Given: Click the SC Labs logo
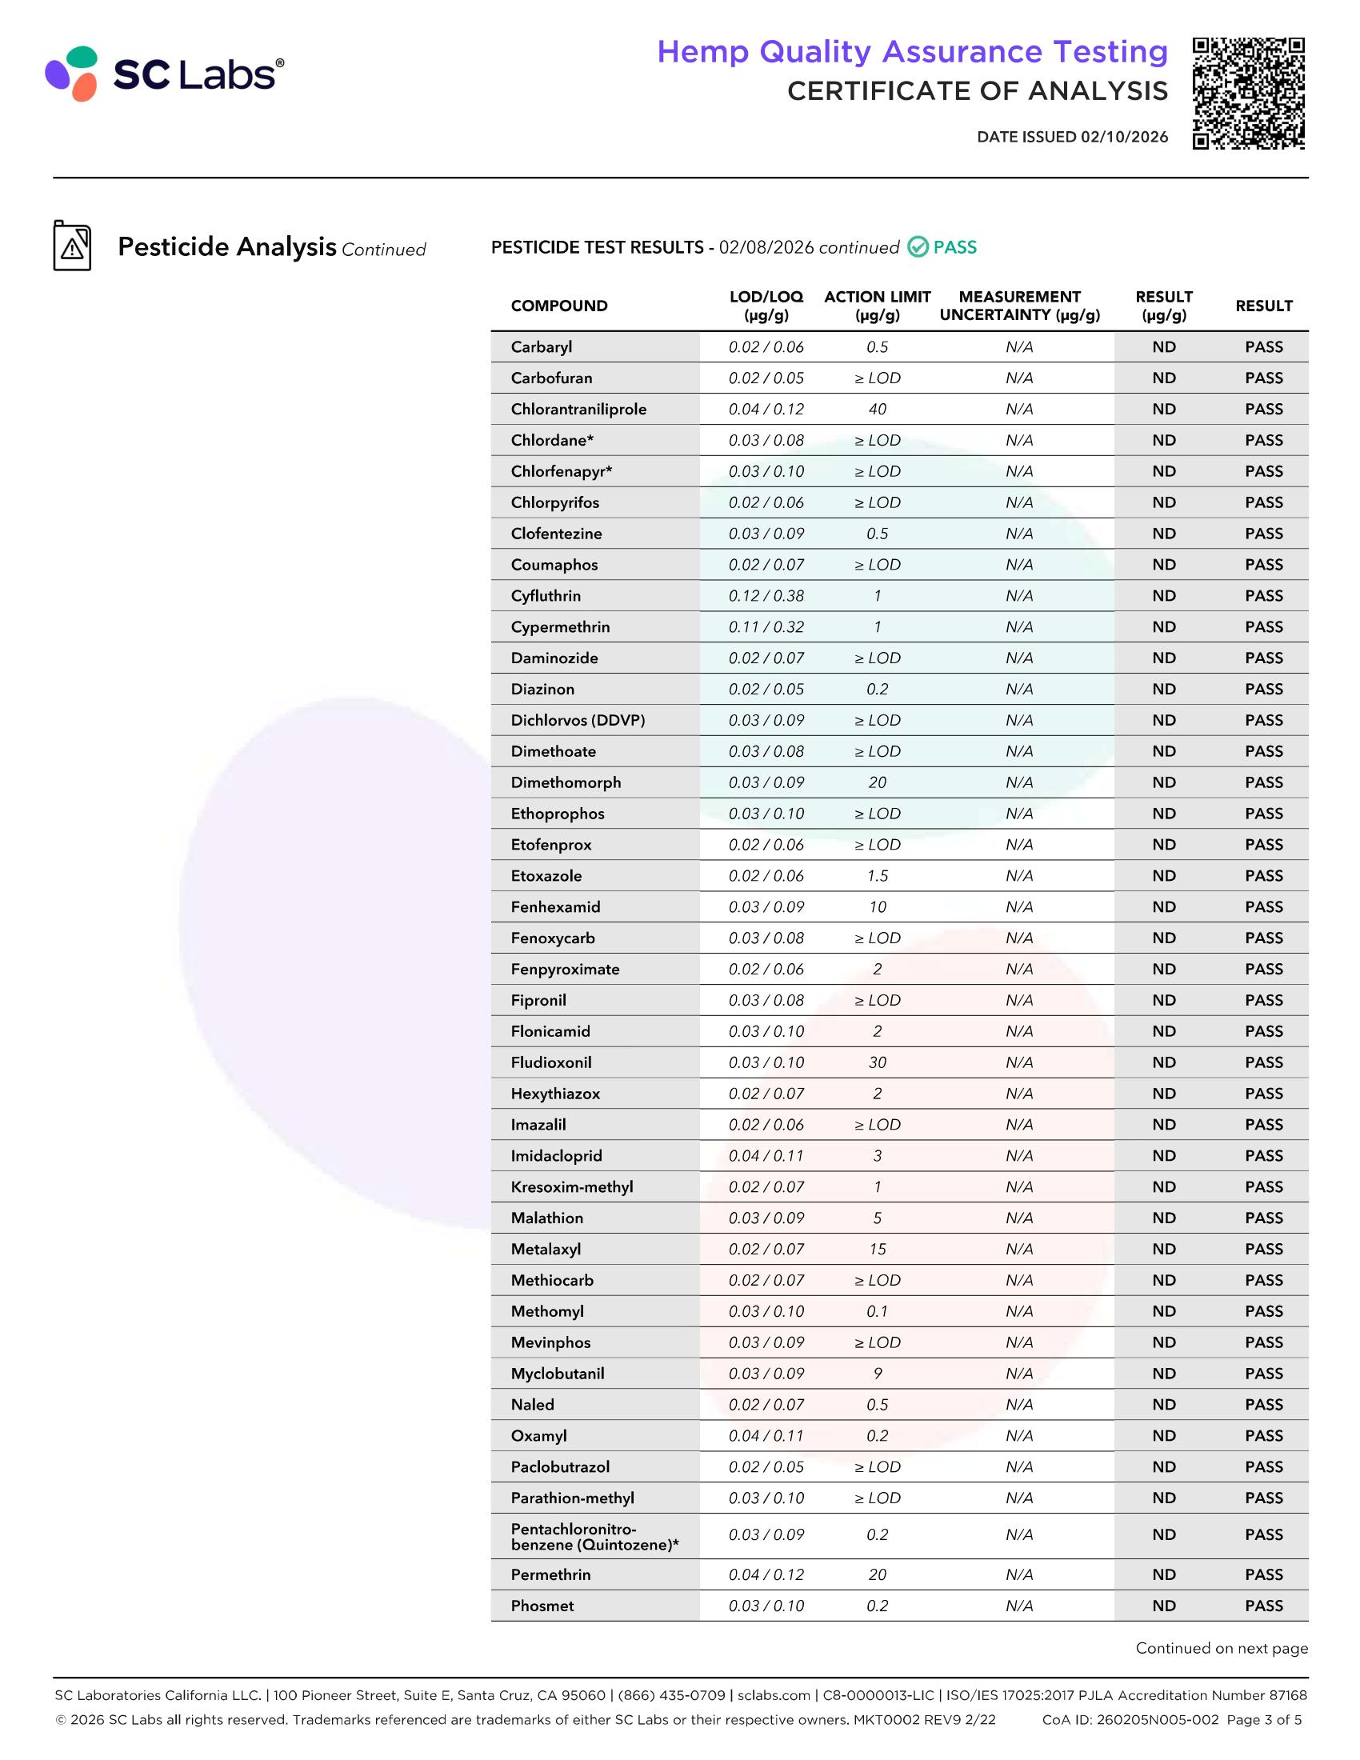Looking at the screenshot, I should [164, 74].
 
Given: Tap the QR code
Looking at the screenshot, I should [1248, 94].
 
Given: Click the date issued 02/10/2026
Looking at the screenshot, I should [1071, 137].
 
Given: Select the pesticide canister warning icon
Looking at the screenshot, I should [73, 246].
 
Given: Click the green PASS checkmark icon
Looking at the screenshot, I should [918, 247].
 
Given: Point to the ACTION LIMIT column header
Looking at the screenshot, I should [877, 306].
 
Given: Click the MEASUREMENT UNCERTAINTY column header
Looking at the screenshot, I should [1019, 306].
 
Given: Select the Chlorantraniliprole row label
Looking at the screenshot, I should [578, 410].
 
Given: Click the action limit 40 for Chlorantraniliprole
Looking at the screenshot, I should [877, 410].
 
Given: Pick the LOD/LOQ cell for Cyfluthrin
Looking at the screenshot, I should [766, 596].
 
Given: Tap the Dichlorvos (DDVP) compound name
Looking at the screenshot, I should [578, 721].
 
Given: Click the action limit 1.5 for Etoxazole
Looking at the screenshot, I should [877, 876].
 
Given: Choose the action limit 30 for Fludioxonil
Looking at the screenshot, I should [877, 1063].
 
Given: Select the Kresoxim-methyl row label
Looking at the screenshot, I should [571, 1187].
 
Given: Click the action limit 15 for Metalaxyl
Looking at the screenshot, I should [877, 1249].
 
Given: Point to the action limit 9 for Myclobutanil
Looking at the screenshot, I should [877, 1374].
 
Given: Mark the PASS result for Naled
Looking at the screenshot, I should [1263, 1405].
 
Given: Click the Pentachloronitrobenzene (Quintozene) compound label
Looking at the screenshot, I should [594, 1537].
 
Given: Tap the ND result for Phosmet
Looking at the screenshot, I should [1163, 1606].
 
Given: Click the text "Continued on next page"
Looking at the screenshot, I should [1222, 1649].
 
